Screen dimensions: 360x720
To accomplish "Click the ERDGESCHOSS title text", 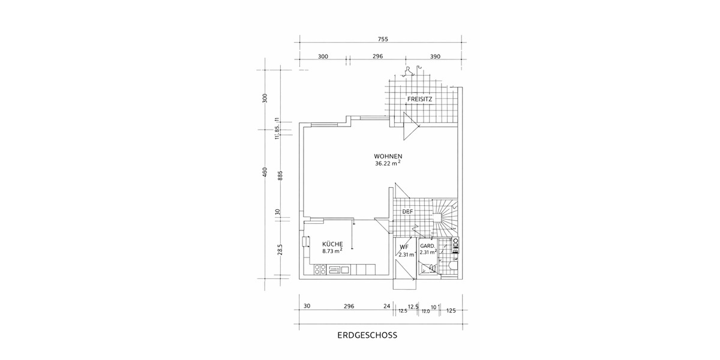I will pos(368,337).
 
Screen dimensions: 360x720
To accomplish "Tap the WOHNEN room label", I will pos(388,156).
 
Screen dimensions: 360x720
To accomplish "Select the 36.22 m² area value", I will pos(388,164).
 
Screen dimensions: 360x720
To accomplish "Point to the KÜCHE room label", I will pos(332,244).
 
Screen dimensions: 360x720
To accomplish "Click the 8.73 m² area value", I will pos(332,252).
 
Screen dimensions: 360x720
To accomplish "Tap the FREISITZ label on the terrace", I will pos(420,99).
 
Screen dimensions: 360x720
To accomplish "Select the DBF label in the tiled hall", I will pos(407,211).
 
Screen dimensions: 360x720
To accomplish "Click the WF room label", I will pos(404,247).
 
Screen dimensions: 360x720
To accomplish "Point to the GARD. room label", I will pos(427,247).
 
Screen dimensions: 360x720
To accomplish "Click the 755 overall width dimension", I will pos(383,40).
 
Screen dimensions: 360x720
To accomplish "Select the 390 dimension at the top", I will pos(435,56).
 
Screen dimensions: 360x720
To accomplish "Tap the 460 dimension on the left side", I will pos(265,173).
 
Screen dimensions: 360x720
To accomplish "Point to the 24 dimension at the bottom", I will pos(386,306).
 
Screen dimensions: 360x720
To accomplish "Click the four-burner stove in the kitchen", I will pos(318,270).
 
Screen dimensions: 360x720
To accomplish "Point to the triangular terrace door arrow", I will pos(412,127).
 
